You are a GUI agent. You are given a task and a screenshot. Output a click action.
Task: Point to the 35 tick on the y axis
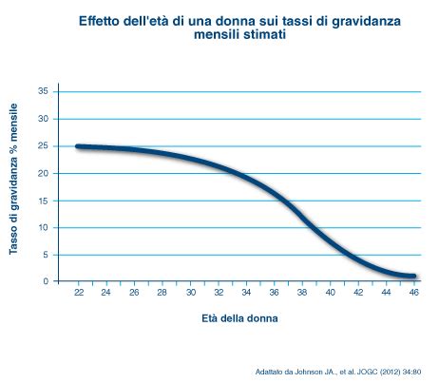pos(43,91)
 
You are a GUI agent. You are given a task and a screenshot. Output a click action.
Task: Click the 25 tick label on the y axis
pos(43,146)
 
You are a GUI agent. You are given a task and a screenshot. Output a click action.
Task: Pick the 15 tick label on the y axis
pos(43,201)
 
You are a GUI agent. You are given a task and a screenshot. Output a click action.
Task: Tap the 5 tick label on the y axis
pos(46,255)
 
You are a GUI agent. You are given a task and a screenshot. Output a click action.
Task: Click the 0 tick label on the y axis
pos(46,281)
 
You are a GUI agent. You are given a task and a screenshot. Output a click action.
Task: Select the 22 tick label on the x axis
pos(78,293)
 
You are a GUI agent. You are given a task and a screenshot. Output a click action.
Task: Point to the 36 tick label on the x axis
pos(274,293)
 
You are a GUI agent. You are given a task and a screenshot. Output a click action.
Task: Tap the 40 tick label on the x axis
pos(330,293)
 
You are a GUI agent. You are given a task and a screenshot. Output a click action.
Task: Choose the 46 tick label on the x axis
pos(413,293)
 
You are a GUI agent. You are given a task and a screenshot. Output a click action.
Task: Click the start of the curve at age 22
pos(79,146)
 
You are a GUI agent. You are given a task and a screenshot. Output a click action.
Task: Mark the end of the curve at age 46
pos(413,277)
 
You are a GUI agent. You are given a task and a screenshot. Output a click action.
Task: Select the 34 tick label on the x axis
pos(246,293)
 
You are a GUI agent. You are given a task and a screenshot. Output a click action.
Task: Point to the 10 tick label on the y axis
pos(43,227)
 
